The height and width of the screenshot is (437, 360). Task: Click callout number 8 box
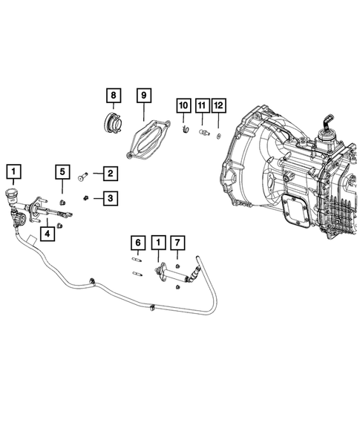114,96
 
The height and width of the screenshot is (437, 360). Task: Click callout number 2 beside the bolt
108,174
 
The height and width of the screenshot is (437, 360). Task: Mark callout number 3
108,197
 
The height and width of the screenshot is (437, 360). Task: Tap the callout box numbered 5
64,174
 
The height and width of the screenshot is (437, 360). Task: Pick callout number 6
138,243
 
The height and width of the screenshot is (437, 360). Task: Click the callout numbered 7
177,243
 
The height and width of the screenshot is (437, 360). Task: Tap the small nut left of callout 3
88,197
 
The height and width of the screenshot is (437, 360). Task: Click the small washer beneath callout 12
218,135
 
